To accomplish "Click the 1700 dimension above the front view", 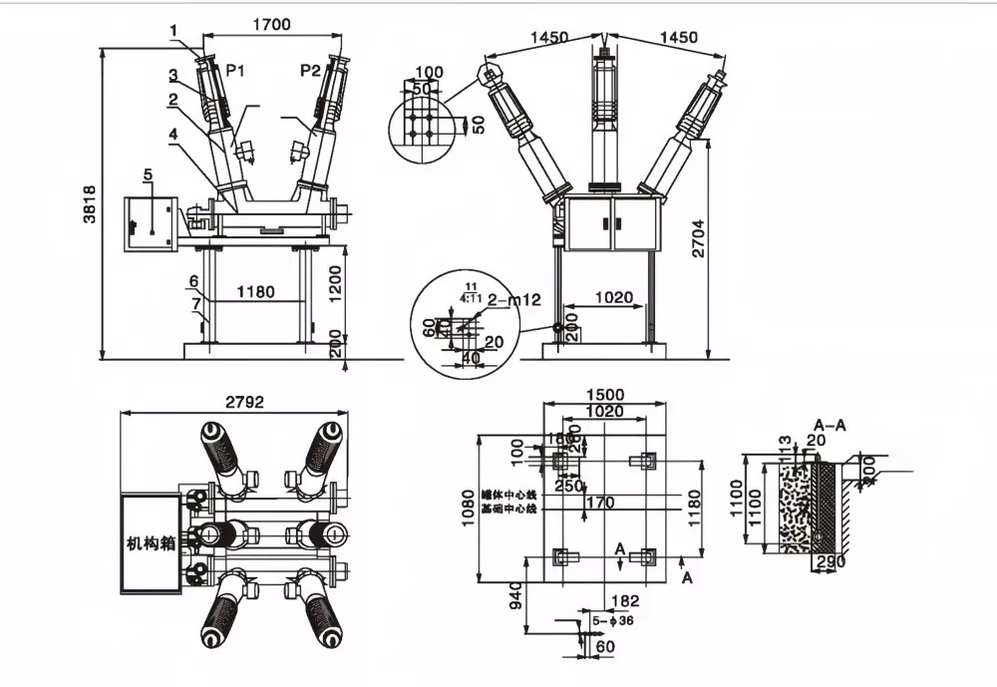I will [x=271, y=25].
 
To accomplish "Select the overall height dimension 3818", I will [x=89, y=203].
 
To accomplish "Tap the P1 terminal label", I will [x=236, y=70].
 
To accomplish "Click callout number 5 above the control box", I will [x=148, y=175].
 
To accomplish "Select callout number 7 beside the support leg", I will [x=196, y=301].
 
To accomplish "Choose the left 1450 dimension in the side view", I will [x=548, y=38].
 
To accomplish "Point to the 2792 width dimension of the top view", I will [x=245, y=403].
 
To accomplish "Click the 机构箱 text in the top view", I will [x=151, y=543].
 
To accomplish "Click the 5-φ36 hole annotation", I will [x=612, y=620].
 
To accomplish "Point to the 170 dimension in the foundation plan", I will [x=600, y=503].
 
